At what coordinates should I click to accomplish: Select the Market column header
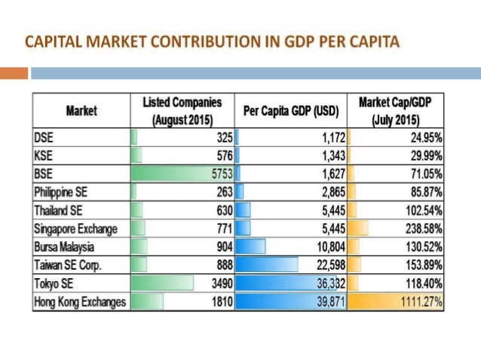81,111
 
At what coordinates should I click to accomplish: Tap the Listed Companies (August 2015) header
182,111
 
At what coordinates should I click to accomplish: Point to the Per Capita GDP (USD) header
291,112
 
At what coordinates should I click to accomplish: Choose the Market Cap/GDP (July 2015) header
395,111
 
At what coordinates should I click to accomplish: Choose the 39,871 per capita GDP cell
324,301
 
